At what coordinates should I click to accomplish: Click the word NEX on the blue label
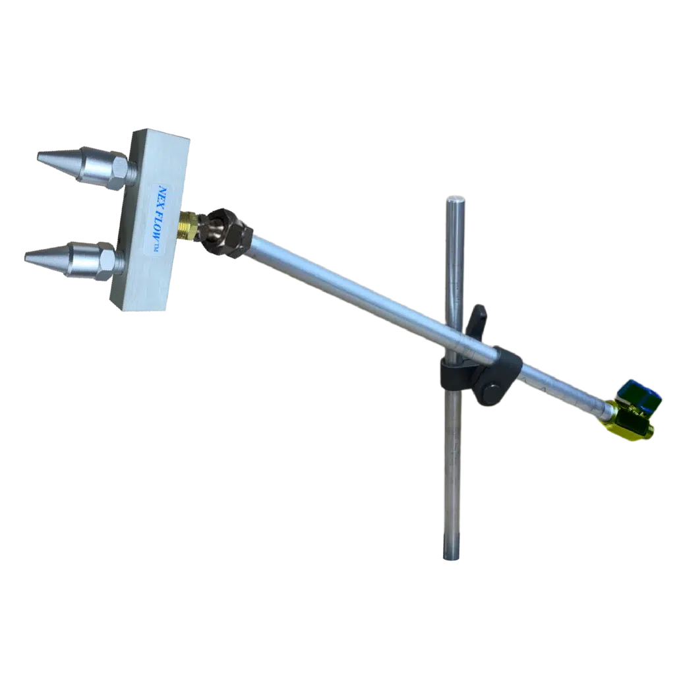(164, 196)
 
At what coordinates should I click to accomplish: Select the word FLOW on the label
(160, 228)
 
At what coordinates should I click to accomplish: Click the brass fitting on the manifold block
(188, 225)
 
